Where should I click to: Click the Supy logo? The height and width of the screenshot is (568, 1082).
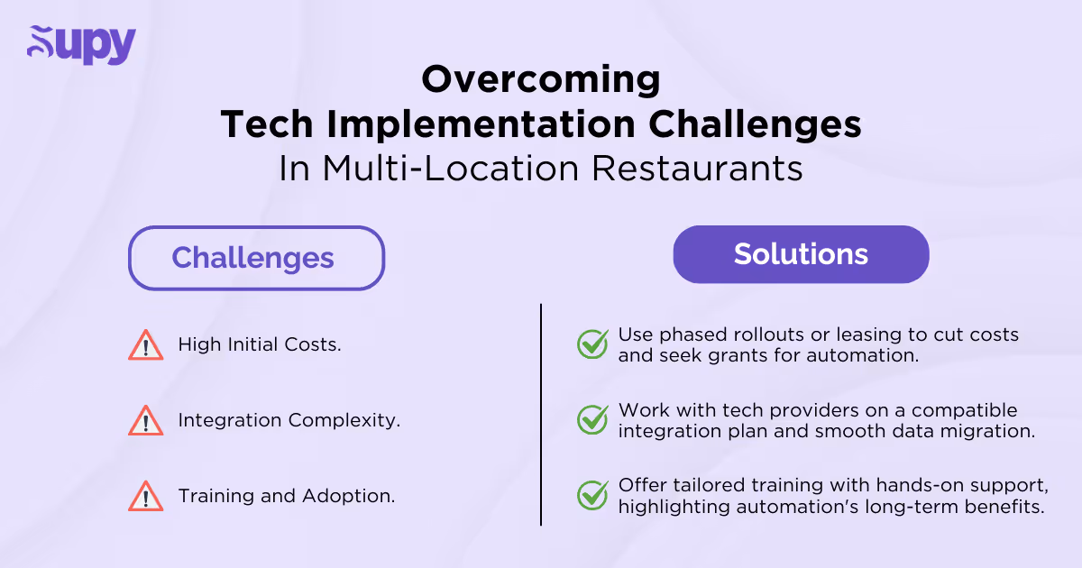click(x=81, y=45)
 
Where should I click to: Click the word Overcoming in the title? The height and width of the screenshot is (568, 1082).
click(x=541, y=80)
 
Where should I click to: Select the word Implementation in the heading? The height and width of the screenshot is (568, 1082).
click(x=459, y=125)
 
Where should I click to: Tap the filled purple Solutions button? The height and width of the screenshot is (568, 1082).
click(x=801, y=254)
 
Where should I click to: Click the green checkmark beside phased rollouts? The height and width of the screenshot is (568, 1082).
click(x=592, y=344)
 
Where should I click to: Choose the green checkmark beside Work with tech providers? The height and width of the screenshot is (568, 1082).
click(x=592, y=420)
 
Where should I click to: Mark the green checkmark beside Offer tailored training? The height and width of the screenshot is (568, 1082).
click(x=592, y=496)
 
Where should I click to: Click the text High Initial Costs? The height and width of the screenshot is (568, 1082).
click(x=260, y=344)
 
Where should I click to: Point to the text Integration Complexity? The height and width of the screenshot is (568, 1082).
click(x=289, y=420)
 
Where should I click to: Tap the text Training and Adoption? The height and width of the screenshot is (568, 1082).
click(x=286, y=496)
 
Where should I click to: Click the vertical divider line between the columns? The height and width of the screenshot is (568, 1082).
click(x=541, y=415)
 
